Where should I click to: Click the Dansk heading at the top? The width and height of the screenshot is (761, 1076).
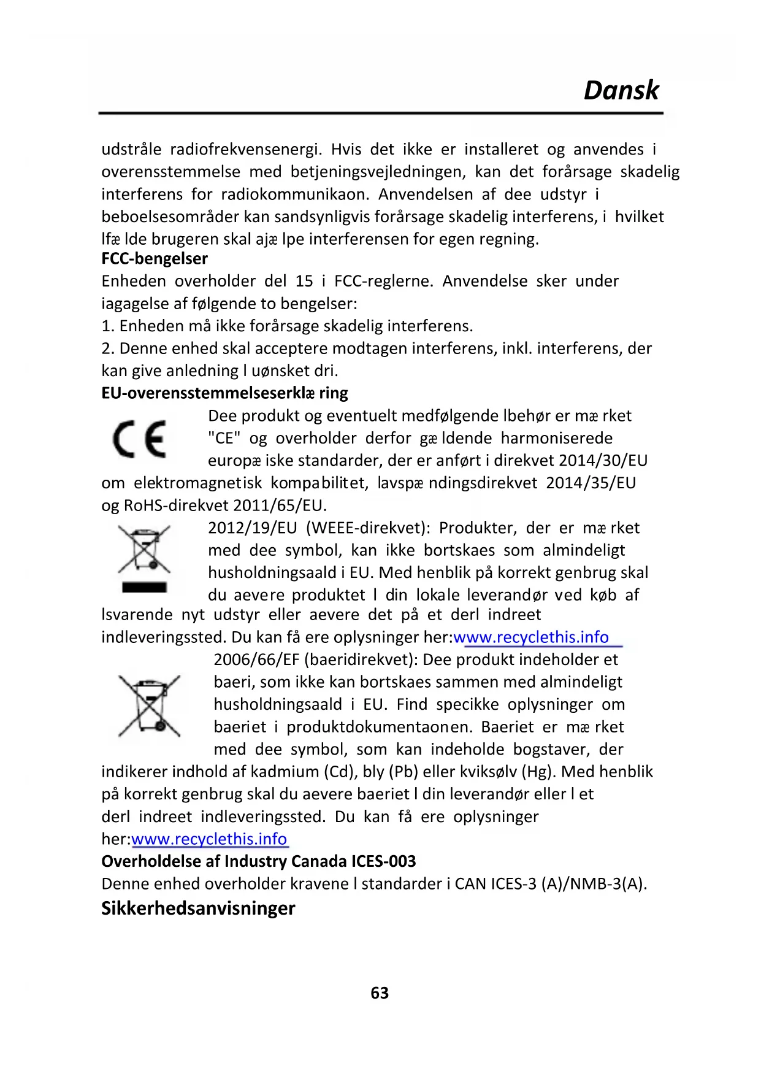621,90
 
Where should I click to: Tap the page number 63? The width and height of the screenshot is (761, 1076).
380,993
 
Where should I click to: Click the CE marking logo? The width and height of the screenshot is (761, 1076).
140,439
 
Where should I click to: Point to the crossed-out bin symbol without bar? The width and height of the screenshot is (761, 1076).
149,705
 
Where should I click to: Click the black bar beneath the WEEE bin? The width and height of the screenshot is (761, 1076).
144,587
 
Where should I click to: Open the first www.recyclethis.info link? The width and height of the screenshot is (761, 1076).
531,637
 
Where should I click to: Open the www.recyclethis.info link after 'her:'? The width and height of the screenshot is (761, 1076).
209,839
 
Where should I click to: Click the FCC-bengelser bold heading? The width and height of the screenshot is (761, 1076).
155,259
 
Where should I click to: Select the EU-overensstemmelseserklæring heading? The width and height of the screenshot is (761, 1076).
224,393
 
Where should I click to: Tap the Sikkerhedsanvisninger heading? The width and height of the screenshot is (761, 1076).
198,909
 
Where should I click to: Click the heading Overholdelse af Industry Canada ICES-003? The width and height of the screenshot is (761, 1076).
258,862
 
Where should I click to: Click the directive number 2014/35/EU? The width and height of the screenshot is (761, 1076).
591,483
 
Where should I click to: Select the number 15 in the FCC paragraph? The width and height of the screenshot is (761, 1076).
304,282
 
